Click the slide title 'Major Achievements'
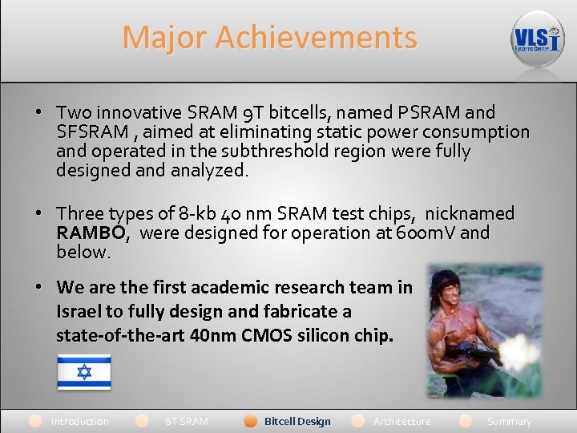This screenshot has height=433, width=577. [x=269, y=38]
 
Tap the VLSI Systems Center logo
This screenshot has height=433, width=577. [x=538, y=38]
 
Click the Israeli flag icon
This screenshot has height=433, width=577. [x=83, y=372]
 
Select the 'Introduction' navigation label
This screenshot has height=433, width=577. [x=79, y=421]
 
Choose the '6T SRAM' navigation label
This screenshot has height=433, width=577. [x=186, y=421]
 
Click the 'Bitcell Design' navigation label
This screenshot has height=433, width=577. [x=297, y=421]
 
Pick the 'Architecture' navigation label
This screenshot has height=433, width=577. [x=401, y=421]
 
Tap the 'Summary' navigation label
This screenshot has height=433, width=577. [x=509, y=421]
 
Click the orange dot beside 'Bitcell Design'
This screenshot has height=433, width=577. [x=250, y=421]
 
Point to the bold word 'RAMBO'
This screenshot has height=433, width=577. [x=91, y=233]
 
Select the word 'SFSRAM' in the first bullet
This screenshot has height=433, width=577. [x=88, y=132]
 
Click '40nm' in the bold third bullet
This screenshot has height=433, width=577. [x=214, y=335]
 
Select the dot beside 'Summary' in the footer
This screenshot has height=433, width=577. [x=466, y=421]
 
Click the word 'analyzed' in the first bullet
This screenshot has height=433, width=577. [x=207, y=170]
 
